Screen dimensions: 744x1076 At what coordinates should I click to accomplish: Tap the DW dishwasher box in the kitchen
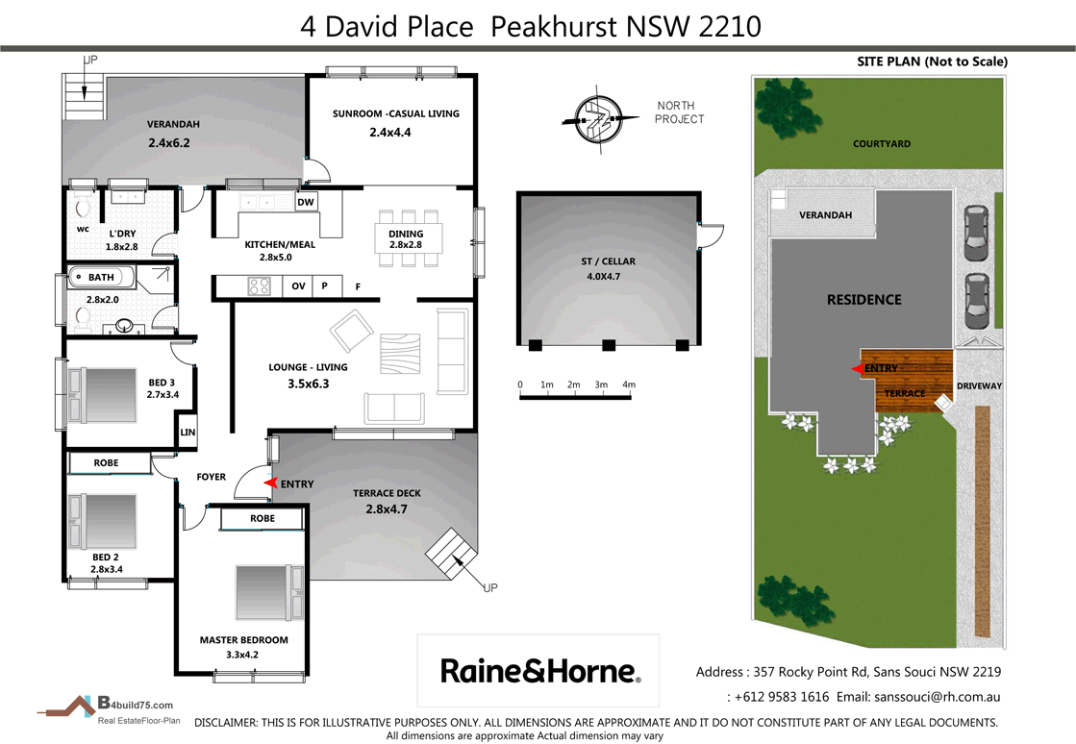point(306,203)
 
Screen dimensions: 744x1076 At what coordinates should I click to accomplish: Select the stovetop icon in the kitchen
point(261,285)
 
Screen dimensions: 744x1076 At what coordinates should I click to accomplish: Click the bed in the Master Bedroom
point(268,593)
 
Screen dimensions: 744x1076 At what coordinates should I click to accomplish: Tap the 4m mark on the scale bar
point(629,384)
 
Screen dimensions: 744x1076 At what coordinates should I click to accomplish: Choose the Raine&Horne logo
point(538,670)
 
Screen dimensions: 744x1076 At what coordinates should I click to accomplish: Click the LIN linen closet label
point(188,434)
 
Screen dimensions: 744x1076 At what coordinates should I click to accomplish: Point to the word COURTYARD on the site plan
point(881,144)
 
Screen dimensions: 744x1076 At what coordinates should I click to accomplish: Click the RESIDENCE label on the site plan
point(863,300)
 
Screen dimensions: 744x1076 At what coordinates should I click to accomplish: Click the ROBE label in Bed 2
point(106,463)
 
